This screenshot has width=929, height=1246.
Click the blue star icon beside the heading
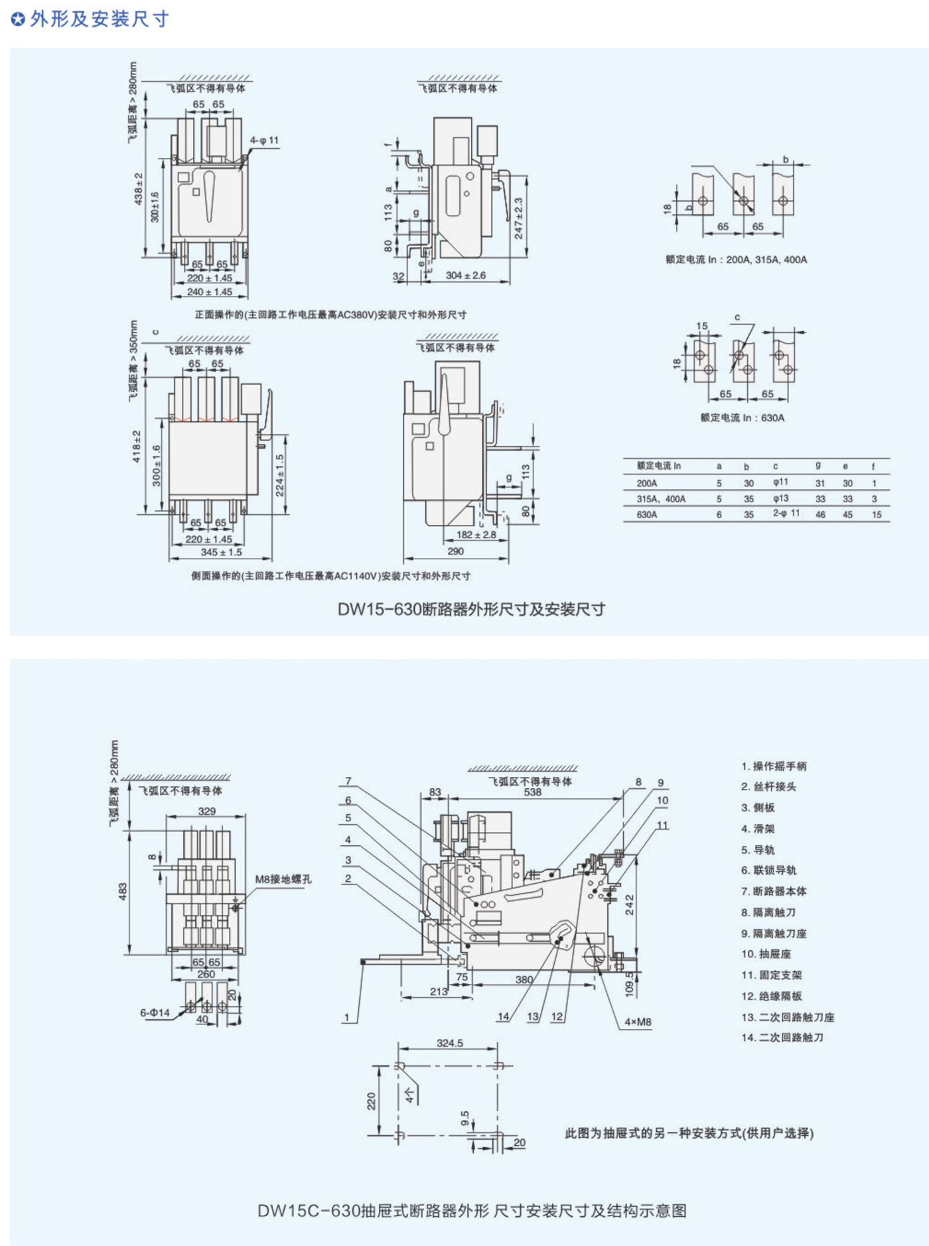[19, 19]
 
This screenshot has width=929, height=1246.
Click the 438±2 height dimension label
[139, 188]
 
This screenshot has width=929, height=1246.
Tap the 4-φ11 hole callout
[264, 141]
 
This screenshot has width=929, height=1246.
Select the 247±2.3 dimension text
[518, 218]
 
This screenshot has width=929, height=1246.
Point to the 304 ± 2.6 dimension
[465, 275]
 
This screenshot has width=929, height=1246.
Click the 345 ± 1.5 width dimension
[221, 552]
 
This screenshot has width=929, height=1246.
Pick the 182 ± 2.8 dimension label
[476, 535]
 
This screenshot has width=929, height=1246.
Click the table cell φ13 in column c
[780, 499]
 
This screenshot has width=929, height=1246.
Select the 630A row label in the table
[646, 515]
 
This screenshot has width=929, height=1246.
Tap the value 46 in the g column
[820, 515]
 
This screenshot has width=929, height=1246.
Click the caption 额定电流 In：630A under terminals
[742, 418]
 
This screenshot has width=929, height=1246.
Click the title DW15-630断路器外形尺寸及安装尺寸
[471, 609]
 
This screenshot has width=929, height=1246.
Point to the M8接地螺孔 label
[283, 879]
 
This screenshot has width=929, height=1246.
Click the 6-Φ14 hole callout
[155, 1013]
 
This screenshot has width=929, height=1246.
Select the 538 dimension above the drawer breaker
[532, 792]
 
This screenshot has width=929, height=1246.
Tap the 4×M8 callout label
[638, 1022]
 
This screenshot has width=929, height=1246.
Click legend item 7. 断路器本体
[774, 891]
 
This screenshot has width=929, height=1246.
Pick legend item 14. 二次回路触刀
[782, 1038]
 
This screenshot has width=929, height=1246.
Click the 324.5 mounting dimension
[449, 1044]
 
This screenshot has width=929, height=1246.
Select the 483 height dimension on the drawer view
[123, 892]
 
